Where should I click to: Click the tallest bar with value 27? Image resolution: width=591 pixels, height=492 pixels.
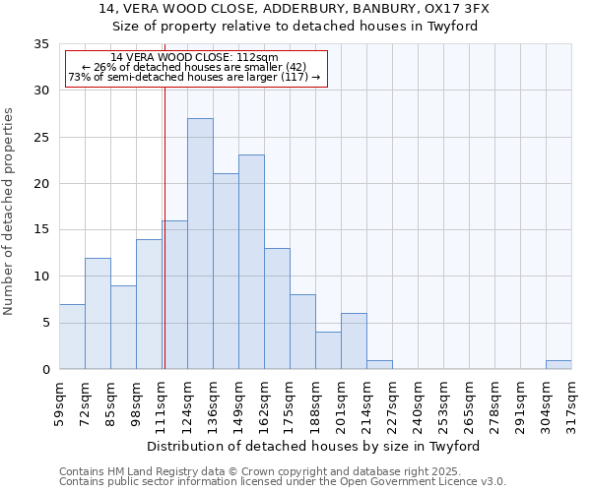(x=200, y=244)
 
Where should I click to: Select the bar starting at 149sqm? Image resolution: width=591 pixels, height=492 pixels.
(x=251, y=262)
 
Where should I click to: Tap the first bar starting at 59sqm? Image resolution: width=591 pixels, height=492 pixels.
(x=72, y=337)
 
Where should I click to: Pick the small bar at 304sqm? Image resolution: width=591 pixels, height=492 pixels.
(x=558, y=364)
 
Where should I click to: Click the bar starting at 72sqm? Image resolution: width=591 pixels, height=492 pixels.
(x=98, y=313)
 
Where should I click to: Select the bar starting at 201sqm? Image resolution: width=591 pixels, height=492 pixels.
(x=354, y=341)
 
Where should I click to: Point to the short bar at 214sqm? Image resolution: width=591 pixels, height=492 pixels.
(x=379, y=364)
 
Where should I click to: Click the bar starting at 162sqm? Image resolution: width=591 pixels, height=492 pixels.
(x=277, y=309)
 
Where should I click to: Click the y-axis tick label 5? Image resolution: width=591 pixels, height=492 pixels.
(x=44, y=323)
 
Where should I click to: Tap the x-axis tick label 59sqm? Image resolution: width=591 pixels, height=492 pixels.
(x=59, y=402)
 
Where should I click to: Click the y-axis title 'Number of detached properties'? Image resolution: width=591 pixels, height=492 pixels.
(x=10, y=212)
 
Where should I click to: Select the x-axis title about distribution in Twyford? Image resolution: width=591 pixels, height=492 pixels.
(x=319, y=446)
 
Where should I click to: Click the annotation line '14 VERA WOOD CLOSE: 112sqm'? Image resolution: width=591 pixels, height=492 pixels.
(x=194, y=58)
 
